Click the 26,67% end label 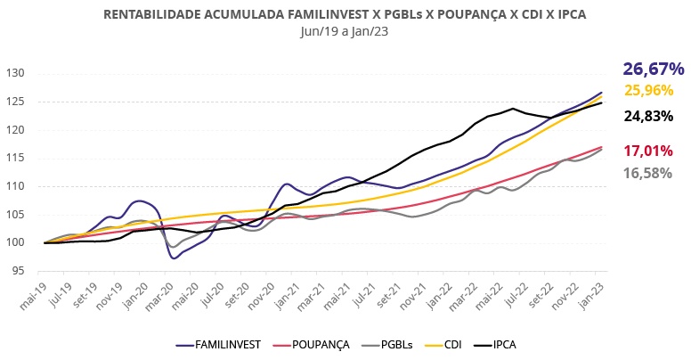coord(654,69)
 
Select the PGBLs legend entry coord(393,344)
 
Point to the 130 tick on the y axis coord(15,73)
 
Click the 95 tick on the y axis coord(18,271)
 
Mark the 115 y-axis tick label coord(15,158)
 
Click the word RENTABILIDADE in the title coord(153,15)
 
